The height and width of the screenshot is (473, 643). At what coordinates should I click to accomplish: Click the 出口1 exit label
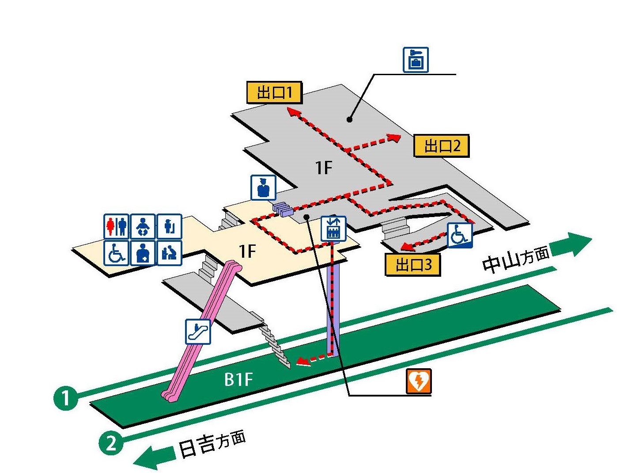click(274, 92)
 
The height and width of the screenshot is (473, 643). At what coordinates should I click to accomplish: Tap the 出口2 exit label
click(441, 146)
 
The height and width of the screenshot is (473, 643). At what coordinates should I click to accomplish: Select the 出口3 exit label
click(413, 265)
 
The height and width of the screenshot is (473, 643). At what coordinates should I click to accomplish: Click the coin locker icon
click(416, 60)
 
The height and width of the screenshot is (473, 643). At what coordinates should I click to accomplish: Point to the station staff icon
click(264, 187)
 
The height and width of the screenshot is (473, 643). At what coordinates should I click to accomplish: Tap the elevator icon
click(333, 229)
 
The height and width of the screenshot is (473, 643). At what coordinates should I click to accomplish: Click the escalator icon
click(198, 332)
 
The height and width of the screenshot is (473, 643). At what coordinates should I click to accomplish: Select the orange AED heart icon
click(419, 381)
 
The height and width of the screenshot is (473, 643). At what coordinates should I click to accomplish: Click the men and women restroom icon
click(117, 226)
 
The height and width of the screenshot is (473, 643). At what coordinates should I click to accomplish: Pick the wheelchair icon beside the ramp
click(460, 235)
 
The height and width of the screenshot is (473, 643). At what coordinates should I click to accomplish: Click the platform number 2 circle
click(111, 442)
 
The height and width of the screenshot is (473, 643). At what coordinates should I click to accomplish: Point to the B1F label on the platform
click(238, 379)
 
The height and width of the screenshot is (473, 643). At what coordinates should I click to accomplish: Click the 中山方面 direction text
click(516, 259)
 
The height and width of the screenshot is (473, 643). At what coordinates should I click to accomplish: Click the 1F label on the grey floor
click(324, 168)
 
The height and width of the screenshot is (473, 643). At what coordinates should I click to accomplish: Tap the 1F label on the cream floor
click(247, 251)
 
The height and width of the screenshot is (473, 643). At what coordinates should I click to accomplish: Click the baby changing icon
click(143, 226)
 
